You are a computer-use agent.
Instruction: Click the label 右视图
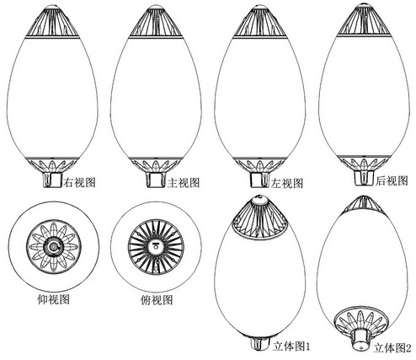click(x=80, y=182)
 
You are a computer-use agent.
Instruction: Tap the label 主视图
click(x=184, y=183)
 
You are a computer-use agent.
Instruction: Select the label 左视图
click(x=287, y=183)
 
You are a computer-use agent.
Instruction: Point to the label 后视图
click(x=392, y=180)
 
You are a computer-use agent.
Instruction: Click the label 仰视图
click(x=53, y=299)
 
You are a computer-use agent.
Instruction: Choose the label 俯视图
click(x=157, y=300)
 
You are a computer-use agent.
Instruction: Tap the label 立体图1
click(x=291, y=347)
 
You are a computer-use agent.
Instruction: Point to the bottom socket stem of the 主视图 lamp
click(x=155, y=180)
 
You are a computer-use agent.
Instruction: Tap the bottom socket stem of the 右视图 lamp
click(x=52, y=180)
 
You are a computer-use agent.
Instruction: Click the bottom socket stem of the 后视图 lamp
click(x=365, y=178)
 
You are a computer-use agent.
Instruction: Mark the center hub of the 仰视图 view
click(x=53, y=247)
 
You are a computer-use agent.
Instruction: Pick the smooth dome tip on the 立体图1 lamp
click(x=259, y=200)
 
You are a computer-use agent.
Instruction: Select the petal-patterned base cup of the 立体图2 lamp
click(x=361, y=320)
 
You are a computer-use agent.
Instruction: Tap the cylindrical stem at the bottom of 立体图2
click(x=360, y=340)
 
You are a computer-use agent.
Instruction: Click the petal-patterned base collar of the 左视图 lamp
click(x=259, y=165)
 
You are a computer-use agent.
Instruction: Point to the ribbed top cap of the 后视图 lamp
click(x=364, y=19)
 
